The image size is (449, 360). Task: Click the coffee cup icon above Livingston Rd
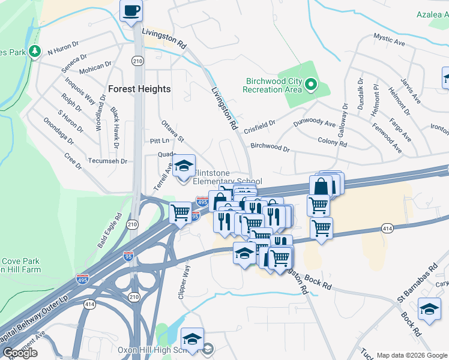pyautogui.click(x=131, y=10)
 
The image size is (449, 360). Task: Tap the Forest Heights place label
pyautogui.click(x=139, y=89)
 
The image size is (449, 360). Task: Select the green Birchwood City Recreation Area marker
pyautogui.click(x=311, y=85)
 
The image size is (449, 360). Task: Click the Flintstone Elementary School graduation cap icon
pyautogui.click(x=184, y=166)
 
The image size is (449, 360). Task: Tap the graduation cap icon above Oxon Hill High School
pyautogui.click(x=192, y=339)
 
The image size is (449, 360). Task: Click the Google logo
pyautogui.click(x=20, y=353)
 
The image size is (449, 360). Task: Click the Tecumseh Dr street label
pyautogui.click(x=109, y=161)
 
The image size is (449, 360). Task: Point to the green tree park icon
pyautogui.click(x=35, y=52)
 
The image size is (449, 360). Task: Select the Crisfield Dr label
pyautogui.click(x=259, y=127)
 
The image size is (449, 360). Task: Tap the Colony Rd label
pyautogui.click(x=332, y=144)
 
